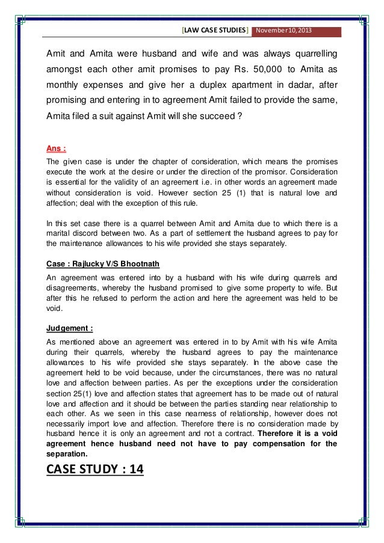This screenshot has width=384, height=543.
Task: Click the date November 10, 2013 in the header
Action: (285, 31)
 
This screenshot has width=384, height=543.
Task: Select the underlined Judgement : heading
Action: (69, 329)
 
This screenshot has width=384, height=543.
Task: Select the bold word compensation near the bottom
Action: (268, 444)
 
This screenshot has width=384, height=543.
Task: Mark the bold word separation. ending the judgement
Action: (67, 454)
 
